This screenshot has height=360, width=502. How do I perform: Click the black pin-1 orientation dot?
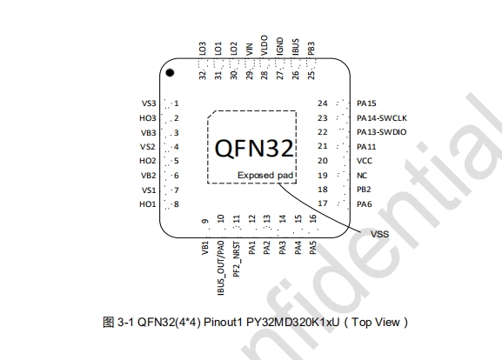(x=170, y=73)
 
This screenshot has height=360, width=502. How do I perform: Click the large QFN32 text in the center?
(x=254, y=148)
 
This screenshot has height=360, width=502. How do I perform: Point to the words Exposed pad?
(x=265, y=176)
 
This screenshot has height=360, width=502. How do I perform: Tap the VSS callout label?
(x=379, y=234)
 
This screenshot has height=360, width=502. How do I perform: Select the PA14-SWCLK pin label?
(x=382, y=118)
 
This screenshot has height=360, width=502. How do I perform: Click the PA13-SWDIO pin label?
(x=382, y=132)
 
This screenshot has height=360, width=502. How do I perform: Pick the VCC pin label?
(x=365, y=161)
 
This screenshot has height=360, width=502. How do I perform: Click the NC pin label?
(x=362, y=176)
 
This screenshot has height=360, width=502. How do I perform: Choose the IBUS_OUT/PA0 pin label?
(x=221, y=268)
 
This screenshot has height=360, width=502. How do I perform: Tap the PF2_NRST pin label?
(x=237, y=259)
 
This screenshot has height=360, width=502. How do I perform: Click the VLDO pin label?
(x=264, y=45)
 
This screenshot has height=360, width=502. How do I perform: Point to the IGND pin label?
(x=280, y=46)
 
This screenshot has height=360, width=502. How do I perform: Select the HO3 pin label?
(x=148, y=118)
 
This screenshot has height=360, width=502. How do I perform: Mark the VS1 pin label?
(x=149, y=190)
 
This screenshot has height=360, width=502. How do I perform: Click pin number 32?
(x=203, y=75)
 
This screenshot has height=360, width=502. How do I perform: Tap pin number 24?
(x=323, y=103)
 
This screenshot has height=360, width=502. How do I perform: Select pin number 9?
(x=205, y=221)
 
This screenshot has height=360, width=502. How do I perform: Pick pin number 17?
(x=323, y=203)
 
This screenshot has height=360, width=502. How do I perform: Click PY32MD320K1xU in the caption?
(x=292, y=322)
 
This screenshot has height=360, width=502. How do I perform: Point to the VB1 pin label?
(x=205, y=248)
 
